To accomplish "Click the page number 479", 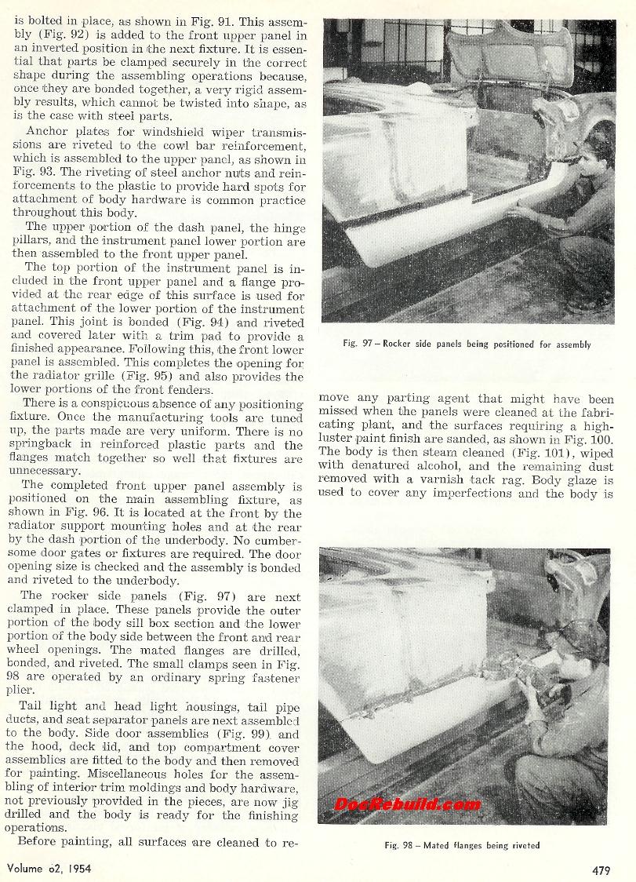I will coord(604,868).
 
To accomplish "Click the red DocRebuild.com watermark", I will coord(397,804).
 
